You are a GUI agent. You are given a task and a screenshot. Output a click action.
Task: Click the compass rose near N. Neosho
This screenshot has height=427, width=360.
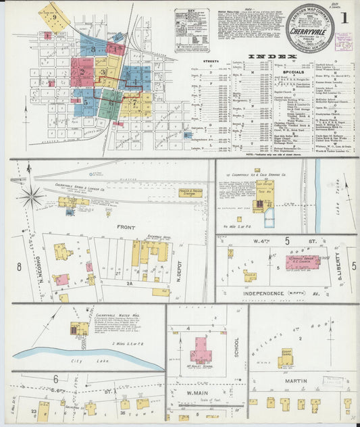(32, 197)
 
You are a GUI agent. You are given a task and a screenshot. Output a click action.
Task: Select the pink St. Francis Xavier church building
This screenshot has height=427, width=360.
(302, 262)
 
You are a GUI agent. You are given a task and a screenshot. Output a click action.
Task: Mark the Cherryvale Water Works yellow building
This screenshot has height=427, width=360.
(80, 329)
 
